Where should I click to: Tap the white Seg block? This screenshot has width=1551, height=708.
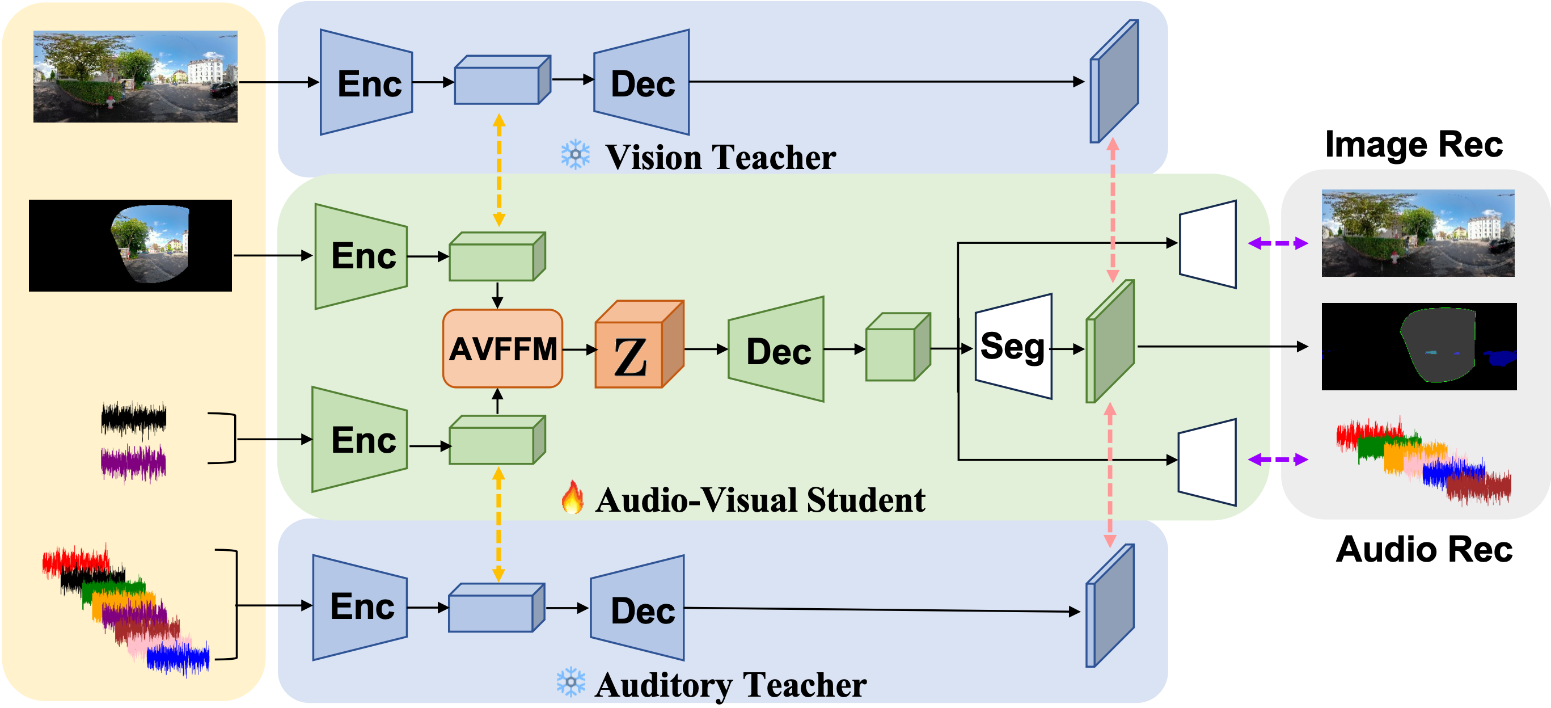point(1013,347)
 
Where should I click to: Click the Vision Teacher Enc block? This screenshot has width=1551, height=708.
point(367,83)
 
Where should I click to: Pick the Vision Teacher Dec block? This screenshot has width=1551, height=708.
point(643,83)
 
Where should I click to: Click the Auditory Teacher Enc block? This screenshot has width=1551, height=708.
point(361,607)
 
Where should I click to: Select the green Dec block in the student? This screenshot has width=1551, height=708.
point(777,350)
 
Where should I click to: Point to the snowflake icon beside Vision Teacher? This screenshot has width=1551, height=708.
point(575,155)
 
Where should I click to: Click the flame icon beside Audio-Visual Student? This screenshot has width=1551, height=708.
point(572,498)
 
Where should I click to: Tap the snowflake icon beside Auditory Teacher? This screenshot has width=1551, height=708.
point(570,682)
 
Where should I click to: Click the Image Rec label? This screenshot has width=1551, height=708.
point(1413,145)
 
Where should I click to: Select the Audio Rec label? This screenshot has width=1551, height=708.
point(1423,549)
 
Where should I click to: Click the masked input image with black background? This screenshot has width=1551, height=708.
point(130,245)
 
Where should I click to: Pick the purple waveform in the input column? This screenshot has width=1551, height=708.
point(133,463)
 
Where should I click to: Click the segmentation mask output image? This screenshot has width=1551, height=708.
point(1418,347)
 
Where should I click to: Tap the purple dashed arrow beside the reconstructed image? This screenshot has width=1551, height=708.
point(1278,243)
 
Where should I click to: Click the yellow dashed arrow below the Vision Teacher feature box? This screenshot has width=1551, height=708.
point(498,170)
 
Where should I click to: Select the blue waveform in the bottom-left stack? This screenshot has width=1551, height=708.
point(178,658)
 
